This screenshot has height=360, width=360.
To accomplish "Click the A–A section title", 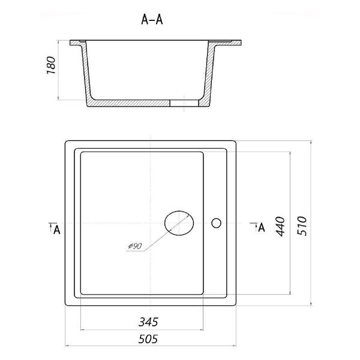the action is point(152,20).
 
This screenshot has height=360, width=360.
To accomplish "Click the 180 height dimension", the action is point(51,65).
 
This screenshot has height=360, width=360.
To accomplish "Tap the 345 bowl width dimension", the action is point(148,322).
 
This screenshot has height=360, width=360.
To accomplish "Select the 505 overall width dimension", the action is point(148,339).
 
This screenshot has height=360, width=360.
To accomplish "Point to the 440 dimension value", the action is point(280,226).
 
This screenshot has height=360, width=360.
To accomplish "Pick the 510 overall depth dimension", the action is point(302,226).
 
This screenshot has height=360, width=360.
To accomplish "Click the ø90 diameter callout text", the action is point(135,247).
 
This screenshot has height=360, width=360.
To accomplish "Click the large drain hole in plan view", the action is point(179,223).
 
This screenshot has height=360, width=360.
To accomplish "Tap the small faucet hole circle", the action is point(216,223).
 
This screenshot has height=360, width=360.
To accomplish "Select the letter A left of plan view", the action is point(56,229).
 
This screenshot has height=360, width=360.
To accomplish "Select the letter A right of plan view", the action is point(262,227).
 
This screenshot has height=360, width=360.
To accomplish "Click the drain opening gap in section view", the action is point(184,103).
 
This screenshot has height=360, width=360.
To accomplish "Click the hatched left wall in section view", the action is point(86,71).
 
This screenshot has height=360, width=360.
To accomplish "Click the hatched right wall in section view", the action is point(209,71).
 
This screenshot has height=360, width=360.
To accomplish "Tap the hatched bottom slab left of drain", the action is point(128,103).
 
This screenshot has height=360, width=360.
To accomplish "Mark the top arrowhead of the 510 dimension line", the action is point(311,143).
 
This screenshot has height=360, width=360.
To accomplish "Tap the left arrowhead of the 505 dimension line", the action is point(67,346).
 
